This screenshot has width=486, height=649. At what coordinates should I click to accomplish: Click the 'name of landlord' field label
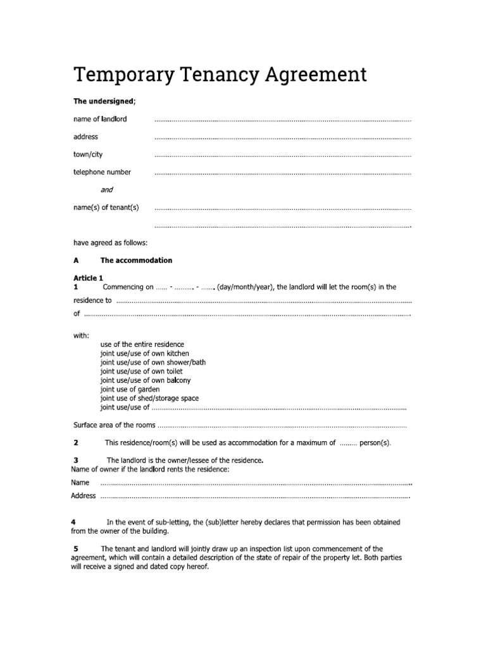pyautogui.click(x=100, y=119)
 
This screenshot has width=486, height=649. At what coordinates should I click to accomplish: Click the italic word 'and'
pyautogui.click(x=107, y=190)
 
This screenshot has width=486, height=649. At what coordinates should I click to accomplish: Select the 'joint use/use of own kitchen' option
pyautogui.click(x=144, y=353)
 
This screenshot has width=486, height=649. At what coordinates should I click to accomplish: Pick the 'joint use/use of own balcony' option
pyautogui.click(x=145, y=380)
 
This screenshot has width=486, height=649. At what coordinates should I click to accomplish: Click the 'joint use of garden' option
pyautogui.click(x=130, y=389)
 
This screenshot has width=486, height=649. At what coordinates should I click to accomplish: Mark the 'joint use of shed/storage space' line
pyautogui.click(x=149, y=398)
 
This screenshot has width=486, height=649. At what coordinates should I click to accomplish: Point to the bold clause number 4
pyautogui.click(x=74, y=522)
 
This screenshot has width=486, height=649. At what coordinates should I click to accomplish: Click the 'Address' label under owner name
pyautogui.click(x=84, y=496)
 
